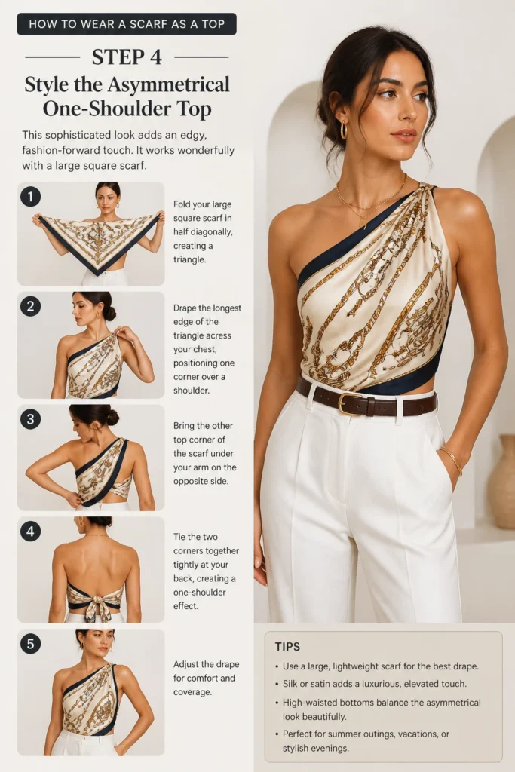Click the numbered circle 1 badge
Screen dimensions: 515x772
point(30,197)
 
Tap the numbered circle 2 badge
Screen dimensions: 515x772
point(30,306)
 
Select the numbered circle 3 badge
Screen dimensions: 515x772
point(30,419)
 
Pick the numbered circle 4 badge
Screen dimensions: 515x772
point(30,532)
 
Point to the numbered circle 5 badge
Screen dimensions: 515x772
point(30,644)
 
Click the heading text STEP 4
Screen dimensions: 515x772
point(127,57)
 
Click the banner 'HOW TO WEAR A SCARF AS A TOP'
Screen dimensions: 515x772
point(127,24)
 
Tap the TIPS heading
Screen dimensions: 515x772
point(287,646)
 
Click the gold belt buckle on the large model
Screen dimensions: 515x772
point(350,403)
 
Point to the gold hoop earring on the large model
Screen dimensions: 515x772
point(344,130)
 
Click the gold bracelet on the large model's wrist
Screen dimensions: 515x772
point(452,461)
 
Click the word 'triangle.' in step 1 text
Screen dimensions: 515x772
point(189,259)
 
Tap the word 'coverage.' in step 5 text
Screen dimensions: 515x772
point(192,692)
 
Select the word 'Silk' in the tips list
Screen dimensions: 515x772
point(290,683)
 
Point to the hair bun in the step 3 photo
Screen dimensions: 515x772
point(113,418)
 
